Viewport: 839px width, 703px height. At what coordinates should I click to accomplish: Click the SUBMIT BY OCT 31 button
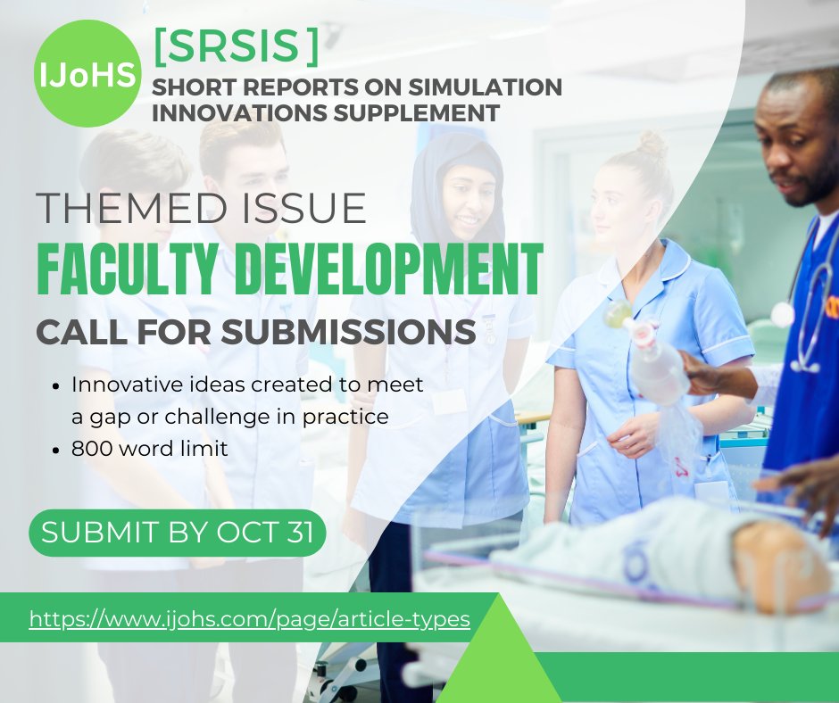[x=177, y=533]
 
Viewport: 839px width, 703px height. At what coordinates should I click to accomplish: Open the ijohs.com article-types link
[x=249, y=618]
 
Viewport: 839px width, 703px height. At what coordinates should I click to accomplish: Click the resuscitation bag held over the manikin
[x=656, y=361]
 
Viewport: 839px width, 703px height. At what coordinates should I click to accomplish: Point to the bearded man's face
[x=799, y=147]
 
